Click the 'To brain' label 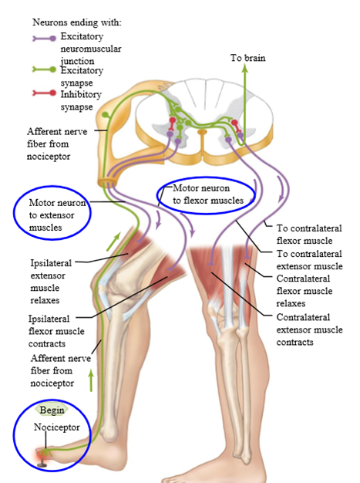[x=247, y=58]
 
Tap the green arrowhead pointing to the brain [x=245, y=69]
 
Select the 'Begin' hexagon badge [x=52, y=410]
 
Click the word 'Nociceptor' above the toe [x=56, y=427]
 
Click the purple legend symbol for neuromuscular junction [x=45, y=39]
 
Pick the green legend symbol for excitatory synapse [x=45, y=69]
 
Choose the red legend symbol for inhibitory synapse [x=45, y=93]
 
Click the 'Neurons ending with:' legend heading [x=77, y=22]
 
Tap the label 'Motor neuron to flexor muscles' [x=208, y=194]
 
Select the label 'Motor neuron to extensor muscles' [x=57, y=215]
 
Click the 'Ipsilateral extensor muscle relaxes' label [x=51, y=282]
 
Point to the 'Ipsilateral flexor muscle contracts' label [x=56, y=331]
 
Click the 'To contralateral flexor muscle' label [x=309, y=235]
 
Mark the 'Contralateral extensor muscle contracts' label [x=309, y=329]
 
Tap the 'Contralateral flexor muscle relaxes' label [x=304, y=291]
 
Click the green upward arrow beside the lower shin [x=91, y=380]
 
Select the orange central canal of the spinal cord [x=202, y=133]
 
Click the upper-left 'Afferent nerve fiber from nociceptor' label [x=57, y=144]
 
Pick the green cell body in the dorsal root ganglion [x=106, y=115]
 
